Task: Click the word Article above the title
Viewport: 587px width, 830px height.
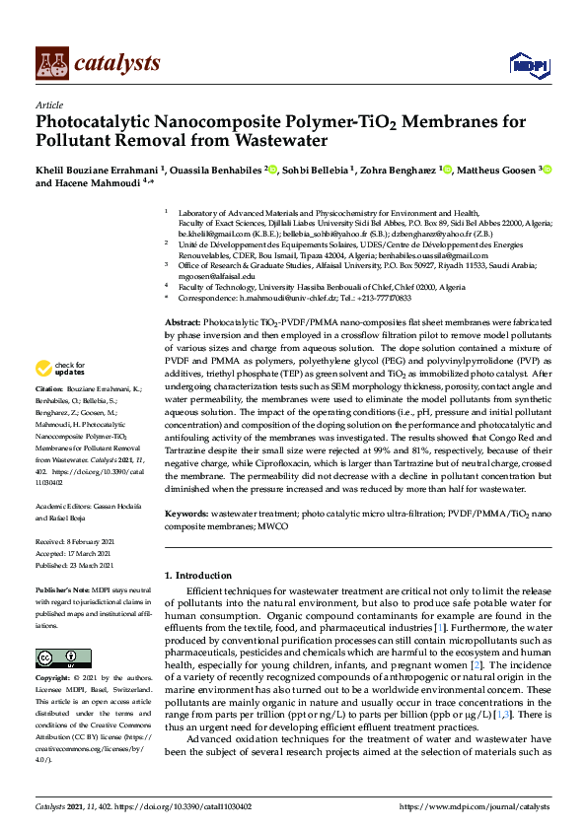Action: (x=48, y=104)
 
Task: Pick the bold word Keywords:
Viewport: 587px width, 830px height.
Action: (x=187, y=515)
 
